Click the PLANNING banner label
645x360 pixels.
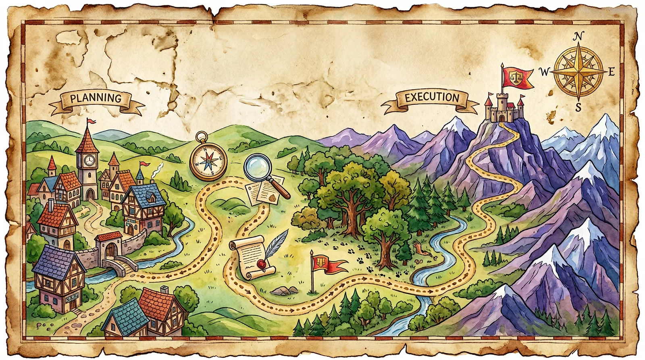point(96,98)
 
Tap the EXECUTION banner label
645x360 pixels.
point(432,98)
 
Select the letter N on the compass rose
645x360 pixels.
point(578,37)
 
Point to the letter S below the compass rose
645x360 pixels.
point(578,107)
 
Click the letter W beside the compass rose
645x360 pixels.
point(544,72)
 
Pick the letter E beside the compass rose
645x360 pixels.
point(611,72)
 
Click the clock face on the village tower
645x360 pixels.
point(89,160)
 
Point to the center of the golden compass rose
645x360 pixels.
point(578,72)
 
